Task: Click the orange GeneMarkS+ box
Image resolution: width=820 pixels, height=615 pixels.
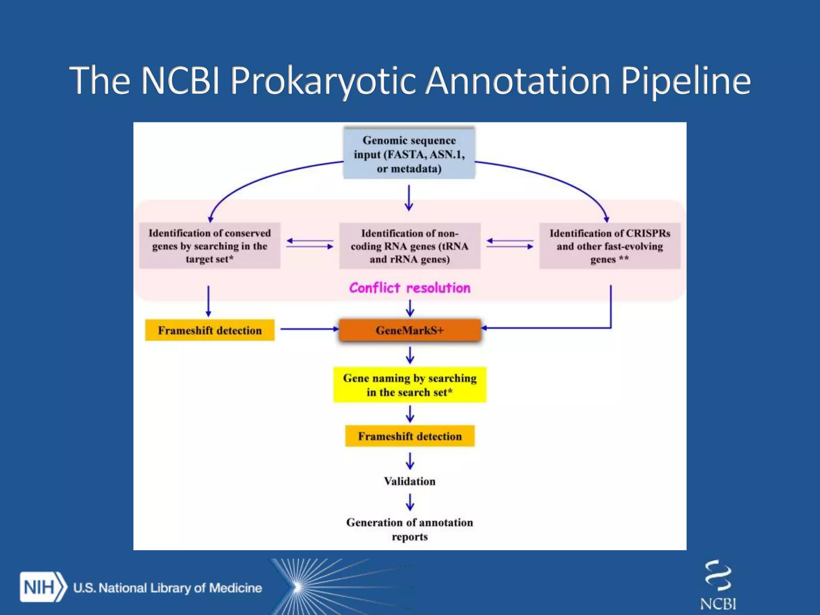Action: click(x=410, y=330)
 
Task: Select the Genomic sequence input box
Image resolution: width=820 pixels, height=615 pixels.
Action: click(x=409, y=154)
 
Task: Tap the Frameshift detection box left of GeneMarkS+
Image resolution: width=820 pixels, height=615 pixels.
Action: click(x=209, y=330)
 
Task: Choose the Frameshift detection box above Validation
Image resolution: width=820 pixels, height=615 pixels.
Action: click(x=410, y=436)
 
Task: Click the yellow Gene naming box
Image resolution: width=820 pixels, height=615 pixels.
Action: click(x=410, y=385)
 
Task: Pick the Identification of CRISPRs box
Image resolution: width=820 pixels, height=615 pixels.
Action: click(x=609, y=246)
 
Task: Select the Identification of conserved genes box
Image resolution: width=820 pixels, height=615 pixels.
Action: click(x=209, y=246)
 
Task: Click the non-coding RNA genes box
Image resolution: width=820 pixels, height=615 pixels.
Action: click(x=410, y=246)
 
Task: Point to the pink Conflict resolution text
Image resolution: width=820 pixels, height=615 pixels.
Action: click(x=410, y=288)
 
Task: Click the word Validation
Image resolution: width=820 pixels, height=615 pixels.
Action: click(x=410, y=481)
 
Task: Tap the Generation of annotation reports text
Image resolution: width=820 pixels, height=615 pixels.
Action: click(x=410, y=529)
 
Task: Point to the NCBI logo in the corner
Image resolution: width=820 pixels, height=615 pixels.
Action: click(x=718, y=585)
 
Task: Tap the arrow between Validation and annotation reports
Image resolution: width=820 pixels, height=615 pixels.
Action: click(x=410, y=502)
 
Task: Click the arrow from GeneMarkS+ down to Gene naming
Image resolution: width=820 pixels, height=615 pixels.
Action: click(x=410, y=355)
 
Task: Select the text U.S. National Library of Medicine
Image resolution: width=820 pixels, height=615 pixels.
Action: click(x=167, y=588)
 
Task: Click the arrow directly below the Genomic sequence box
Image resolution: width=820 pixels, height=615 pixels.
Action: click(x=409, y=197)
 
